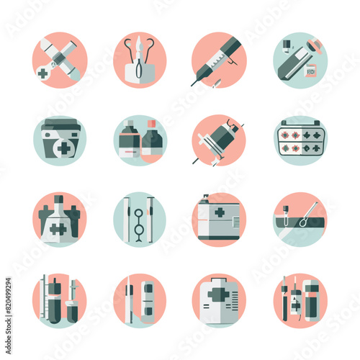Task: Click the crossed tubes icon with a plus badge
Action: [x=60, y=59]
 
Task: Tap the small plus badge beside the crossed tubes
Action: [x=45, y=73]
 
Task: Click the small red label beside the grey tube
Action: [x=311, y=71]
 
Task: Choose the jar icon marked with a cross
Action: [x=60, y=141]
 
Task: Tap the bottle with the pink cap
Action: [x=153, y=143]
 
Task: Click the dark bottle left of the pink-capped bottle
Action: [x=130, y=141]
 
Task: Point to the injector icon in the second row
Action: [x=218, y=140]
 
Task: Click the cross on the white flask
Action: [x=58, y=229]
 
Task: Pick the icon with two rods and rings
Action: [x=139, y=220]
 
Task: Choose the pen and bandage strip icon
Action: [x=139, y=300]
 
